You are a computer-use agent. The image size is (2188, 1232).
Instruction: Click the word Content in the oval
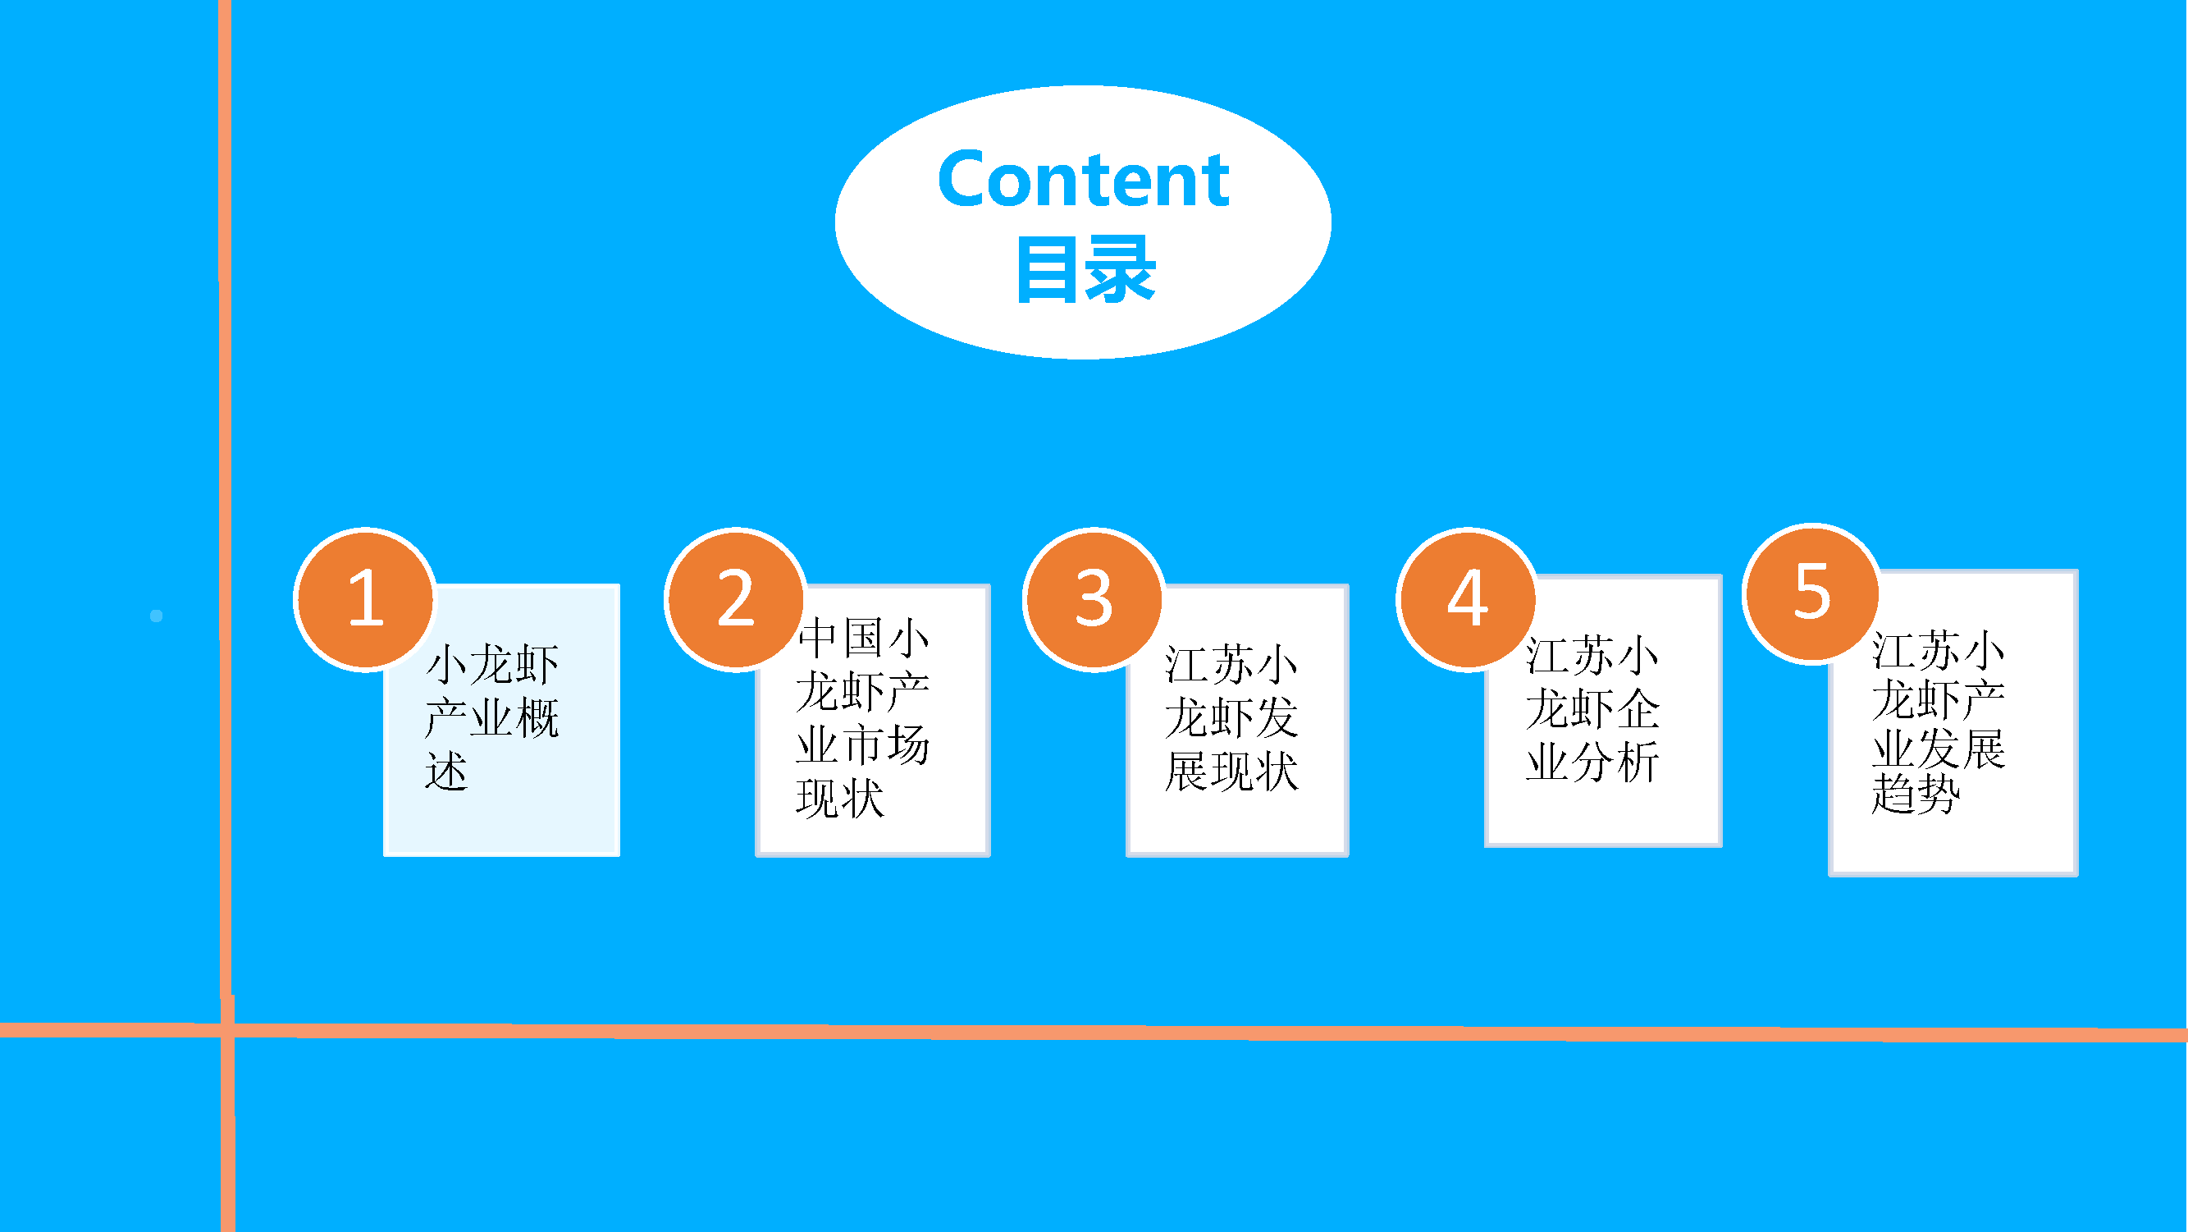tap(1084, 179)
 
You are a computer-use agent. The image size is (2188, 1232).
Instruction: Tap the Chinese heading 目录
tap(1086, 269)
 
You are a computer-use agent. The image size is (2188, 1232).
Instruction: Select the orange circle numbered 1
tap(365, 599)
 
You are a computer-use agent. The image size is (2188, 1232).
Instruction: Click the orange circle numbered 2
tap(736, 599)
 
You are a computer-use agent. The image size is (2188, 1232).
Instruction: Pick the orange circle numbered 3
tap(1094, 599)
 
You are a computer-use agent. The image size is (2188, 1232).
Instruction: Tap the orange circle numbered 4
tap(1467, 599)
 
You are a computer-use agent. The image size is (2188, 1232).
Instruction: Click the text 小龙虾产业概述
tap(491, 717)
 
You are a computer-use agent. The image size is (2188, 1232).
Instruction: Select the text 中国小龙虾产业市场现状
tap(863, 717)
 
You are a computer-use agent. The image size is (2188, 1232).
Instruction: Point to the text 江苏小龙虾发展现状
tap(1231, 717)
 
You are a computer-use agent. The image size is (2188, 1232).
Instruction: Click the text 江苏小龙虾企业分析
tap(1592, 708)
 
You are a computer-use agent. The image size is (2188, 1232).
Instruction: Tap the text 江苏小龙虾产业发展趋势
tap(1939, 722)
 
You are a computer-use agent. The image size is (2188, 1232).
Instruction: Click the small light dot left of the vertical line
tap(156, 616)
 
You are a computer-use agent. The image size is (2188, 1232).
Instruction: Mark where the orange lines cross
tap(226, 1031)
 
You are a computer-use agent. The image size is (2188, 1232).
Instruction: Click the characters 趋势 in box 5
tap(1916, 794)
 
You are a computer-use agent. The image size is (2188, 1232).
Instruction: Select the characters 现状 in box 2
tap(840, 798)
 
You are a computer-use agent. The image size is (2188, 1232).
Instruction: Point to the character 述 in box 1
tap(447, 771)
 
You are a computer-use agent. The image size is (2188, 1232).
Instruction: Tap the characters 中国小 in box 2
tap(863, 637)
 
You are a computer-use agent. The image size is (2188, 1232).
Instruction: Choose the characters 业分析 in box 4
tap(1592, 762)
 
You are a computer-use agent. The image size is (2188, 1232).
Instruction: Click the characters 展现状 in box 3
tap(1231, 771)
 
